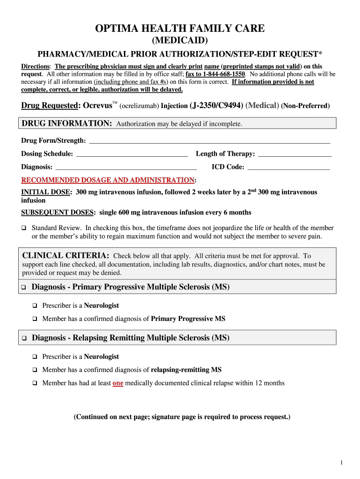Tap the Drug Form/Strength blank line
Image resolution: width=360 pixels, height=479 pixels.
pos(209,141)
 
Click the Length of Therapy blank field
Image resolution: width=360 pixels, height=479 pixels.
pos(295,154)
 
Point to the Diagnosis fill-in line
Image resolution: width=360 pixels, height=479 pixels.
pos(126,167)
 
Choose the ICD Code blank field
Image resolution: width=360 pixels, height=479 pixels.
pos(288,167)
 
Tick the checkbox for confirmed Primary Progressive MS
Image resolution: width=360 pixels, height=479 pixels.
pos(35,319)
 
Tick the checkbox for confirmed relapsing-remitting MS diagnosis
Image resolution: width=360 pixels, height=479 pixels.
pos(35,370)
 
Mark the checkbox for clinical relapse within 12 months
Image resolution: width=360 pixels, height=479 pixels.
pos(35,383)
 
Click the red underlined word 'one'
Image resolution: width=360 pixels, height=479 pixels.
pos(118,383)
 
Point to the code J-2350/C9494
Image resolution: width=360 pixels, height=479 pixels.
pos(216,106)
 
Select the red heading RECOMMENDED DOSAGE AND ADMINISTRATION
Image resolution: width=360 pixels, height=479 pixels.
pos(108,180)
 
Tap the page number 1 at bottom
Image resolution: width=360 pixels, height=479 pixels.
pos(342,463)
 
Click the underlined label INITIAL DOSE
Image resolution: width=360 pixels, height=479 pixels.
pos(46,192)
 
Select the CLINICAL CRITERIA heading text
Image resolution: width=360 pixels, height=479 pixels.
pos(65,255)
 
